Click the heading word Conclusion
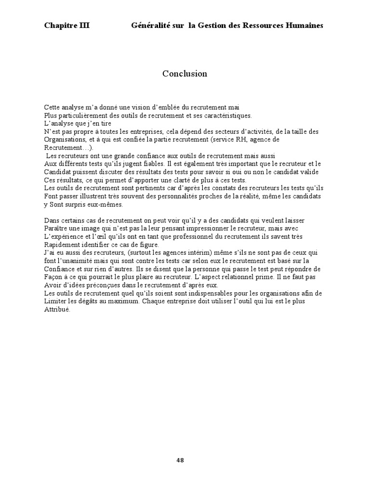pos(185,74)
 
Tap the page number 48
pos(180,460)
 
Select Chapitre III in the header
pos(67,25)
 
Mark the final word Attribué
pos(57,310)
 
